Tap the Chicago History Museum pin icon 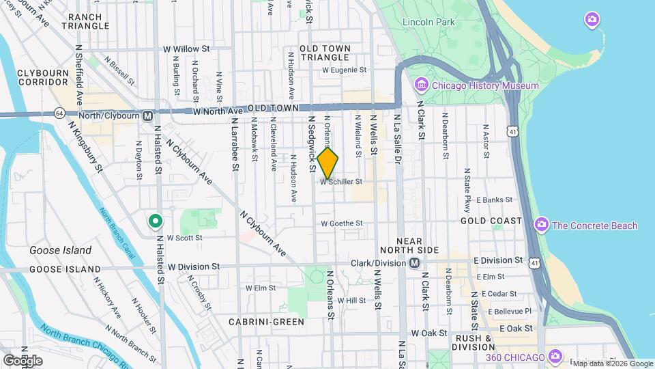[421, 85]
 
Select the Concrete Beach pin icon [542, 225]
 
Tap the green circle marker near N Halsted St [156, 221]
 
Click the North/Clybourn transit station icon [147, 115]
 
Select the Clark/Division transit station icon [414, 263]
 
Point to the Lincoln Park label [428, 22]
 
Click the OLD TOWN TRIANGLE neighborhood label [325, 53]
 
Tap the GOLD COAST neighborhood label [491, 221]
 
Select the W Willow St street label [186, 49]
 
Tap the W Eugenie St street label [345, 70]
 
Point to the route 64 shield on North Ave [60, 113]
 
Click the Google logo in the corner [22, 359]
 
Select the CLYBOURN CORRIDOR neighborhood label [43, 77]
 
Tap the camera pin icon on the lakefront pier [592, 19]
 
